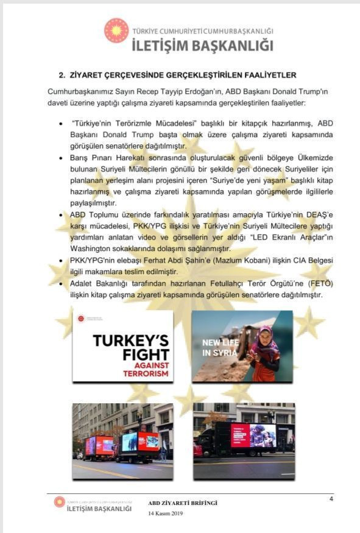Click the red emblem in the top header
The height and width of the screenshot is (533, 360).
116,30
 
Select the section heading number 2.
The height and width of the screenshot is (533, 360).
62,75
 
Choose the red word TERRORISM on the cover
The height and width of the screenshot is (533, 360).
144,373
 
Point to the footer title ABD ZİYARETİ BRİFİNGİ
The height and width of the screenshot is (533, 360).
183,503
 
